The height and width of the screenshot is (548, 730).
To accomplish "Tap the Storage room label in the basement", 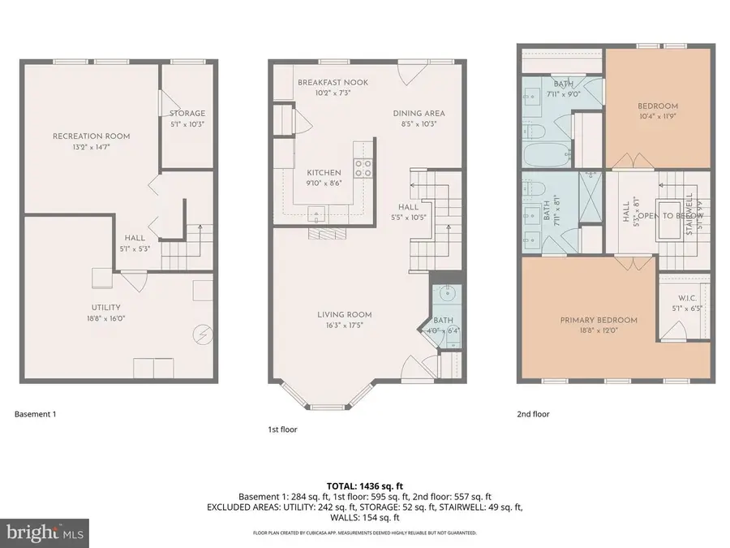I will [x=187, y=113].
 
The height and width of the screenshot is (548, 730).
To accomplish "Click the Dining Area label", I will [x=419, y=114].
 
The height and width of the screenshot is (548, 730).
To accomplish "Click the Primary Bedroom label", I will [x=599, y=320].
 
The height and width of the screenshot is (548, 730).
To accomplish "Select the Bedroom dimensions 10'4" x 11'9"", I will [x=646, y=116].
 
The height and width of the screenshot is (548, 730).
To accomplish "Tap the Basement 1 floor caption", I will [x=35, y=414].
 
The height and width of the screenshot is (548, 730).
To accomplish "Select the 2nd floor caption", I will [x=533, y=414].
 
